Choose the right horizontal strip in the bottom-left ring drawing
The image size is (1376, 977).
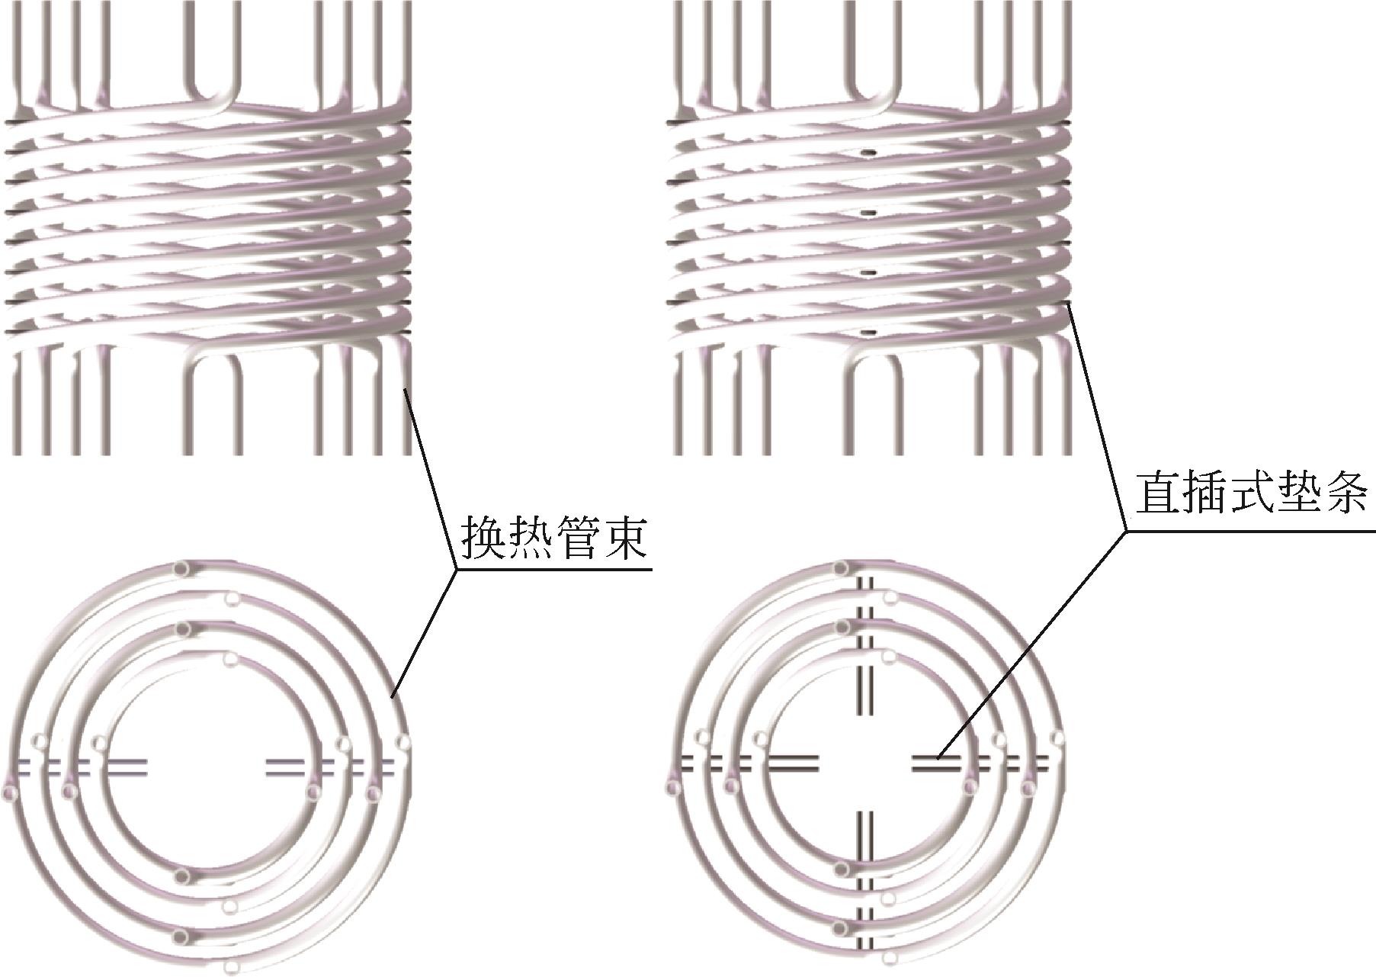coord(332,766)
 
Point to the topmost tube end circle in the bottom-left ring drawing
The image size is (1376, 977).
coord(181,568)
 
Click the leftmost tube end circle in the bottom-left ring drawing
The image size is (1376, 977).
coord(10,793)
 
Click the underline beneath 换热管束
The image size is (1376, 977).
coord(554,569)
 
